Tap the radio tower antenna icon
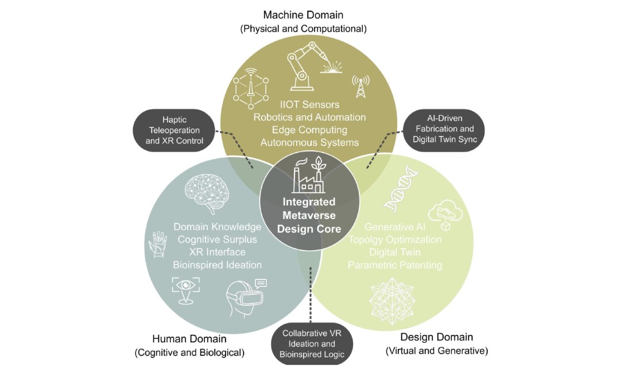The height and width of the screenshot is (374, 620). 361,87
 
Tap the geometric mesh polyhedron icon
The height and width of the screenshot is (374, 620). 396,298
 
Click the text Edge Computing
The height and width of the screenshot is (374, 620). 309,130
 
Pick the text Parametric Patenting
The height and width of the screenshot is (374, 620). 395,265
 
